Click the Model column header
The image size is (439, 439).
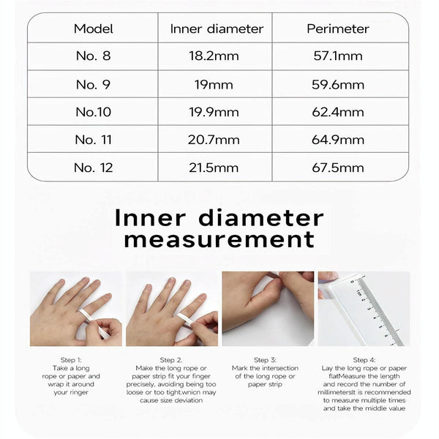[x=93, y=29]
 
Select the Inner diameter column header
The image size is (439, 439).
[x=216, y=29]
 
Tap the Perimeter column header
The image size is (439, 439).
[x=337, y=29]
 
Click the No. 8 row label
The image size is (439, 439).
[x=93, y=56]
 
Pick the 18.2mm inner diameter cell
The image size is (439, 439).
[x=216, y=56]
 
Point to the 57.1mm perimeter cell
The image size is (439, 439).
[x=337, y=56]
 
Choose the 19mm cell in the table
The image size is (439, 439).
[x=216, y=84]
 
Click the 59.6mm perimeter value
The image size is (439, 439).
[x=337, y=84]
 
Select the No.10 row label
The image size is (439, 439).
[x=93, y=112]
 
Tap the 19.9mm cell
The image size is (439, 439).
[x=216, y=112]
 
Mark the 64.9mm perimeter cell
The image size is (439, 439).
[x=337, y=140]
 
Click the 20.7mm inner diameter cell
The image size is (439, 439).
[x=216, y=140]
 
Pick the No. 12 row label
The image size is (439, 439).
[x=93, y=168]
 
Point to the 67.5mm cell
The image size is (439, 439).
[x=337, y=168]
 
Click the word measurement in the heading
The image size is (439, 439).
[x=219, y=239]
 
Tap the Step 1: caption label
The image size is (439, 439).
[x=73, y=360]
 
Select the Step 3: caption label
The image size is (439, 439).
[x=265, y=360]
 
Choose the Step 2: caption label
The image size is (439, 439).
[x=170, y=360]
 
